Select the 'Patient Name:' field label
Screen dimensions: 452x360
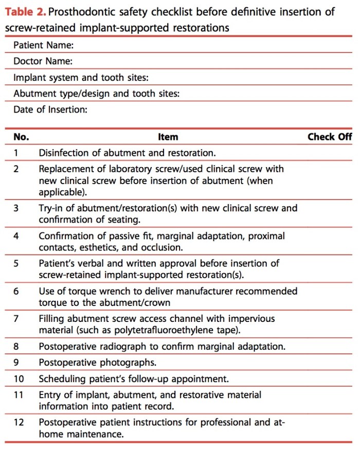(x=44, y=45)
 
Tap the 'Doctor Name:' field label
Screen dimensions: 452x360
(x=43, y=62)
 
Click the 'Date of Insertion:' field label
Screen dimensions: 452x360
(x=50, y=110)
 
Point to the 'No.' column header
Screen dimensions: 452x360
(x=21, y=137)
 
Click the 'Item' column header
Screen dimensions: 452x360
(x=168, y=137)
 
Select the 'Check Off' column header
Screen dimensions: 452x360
(x=330, y=137)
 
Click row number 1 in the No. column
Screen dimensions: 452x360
(x=16, y=153)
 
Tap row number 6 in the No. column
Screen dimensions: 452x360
(x=16, y=291)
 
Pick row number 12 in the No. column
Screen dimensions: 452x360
(x=18, y=422)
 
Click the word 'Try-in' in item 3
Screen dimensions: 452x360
(x=51, y=208)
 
